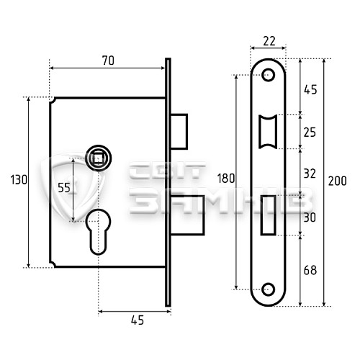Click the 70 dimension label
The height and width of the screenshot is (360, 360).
click(108, 60)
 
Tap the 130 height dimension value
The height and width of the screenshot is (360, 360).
click(19, 180)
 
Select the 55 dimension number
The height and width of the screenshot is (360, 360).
click(64, 188)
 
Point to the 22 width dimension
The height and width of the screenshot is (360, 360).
click(269, 41)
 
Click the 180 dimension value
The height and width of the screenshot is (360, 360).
click(226, 179)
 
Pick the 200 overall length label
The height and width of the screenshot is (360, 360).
click(338, 181)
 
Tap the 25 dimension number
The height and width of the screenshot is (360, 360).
click(310, 132)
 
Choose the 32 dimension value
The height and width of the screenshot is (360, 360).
click(310, 174)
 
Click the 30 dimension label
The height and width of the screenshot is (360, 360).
click(310, 217)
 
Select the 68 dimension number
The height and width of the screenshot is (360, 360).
click(310, 270)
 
